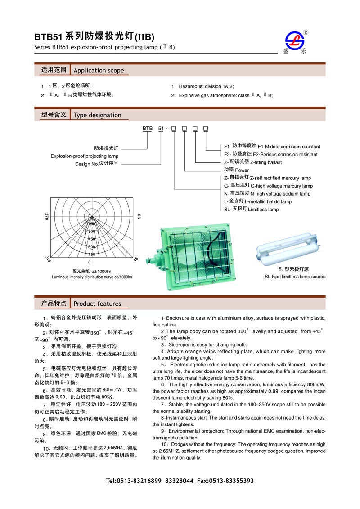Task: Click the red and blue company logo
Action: (296, 41)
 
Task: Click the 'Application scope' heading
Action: (99, 71)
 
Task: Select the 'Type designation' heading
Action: (97, 115)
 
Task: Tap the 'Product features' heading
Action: (97, 304)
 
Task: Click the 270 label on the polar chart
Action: (46, 216)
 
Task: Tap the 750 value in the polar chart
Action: (91, 254)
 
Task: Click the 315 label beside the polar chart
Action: (48, 259)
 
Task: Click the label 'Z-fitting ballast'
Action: (265, 162)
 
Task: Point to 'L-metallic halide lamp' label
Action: (268, 201)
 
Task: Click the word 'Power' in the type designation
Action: (242, 170)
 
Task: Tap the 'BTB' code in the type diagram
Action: (148, 129)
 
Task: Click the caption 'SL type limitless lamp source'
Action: (295, 277)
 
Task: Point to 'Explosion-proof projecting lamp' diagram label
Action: (84, 156)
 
